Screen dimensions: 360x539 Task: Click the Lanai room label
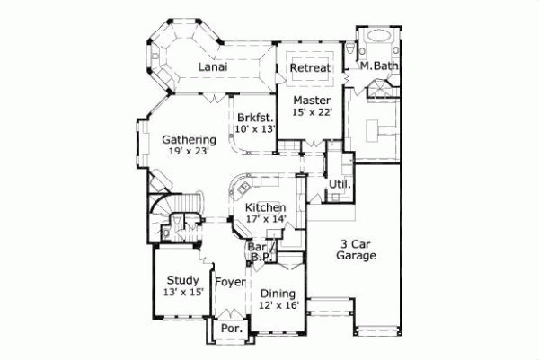pyautogui.click(x=211, y=67)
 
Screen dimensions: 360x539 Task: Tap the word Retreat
pyautogui.click(x=310, y=67)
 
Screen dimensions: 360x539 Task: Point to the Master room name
pyautogui.click(x=312, y=99)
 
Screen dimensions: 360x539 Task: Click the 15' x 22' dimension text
pyautogui.click(x=312, y=112)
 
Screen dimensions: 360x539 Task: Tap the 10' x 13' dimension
pyautogui.click(x=253, y=130)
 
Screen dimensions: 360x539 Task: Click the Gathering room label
pyautogui.click(x=189, y=140)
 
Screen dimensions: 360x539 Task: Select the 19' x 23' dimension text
pyautogui.click(x=186, y=153)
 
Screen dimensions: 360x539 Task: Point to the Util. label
pyautogui.click(x=340, y=185)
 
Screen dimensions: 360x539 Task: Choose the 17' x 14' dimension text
pyautogui.click(x=266, y=219)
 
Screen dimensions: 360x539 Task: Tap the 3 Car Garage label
pyautogui.click(x=357, y=250)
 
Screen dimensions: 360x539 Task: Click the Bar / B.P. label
pyautogui.click(x=261, y=252)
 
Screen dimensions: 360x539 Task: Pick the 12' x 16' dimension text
pyautogui.click(x=278, y=305)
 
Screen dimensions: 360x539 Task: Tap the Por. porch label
pyautogui.click(x=230, y=329)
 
